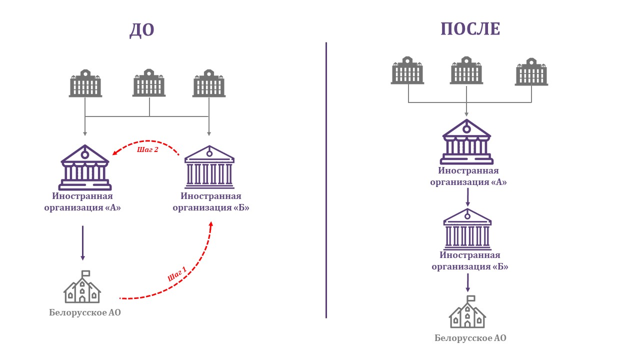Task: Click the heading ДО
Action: coord(141,30)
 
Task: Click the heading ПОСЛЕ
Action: coord(470,29)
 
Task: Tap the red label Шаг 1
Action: coord(177,273)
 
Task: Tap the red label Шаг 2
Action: coord(147,149)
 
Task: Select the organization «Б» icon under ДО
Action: coord(209,167)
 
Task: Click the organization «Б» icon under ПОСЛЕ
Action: coord(467,228)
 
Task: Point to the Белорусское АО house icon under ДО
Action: coord(82,289)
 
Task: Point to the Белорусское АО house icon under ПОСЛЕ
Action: coord(467,313)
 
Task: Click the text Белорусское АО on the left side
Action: coord(85,313)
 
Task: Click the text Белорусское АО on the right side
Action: coord(470,338)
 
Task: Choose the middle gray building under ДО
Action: coord(149,83)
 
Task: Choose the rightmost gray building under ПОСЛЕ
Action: coord(531,72)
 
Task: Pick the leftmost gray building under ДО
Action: coord(85,83)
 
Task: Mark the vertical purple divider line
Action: coord(326,180)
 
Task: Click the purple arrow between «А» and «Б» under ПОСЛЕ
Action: coord(467,198)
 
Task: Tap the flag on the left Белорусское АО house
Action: coord(86,273)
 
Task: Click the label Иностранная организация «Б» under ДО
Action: coord(211,202)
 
